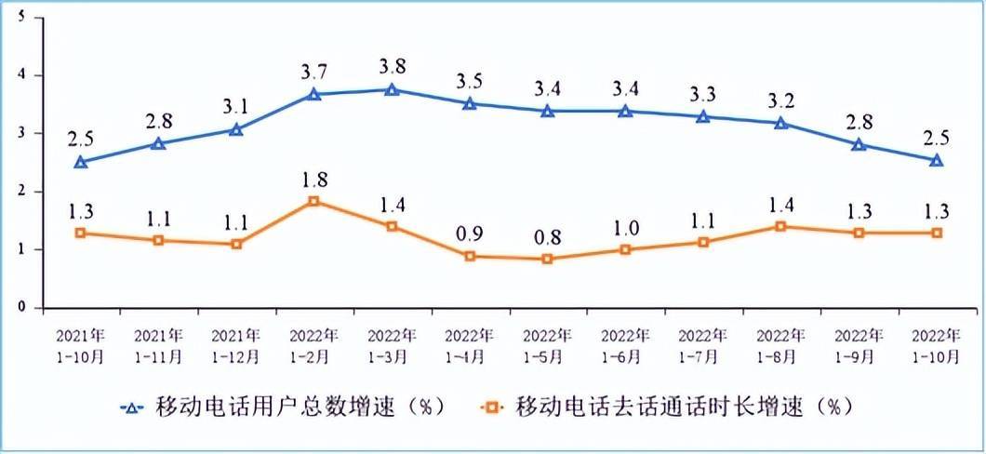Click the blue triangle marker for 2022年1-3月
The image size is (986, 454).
tap(392, 89)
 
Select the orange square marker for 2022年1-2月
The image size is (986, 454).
tap(313, 201)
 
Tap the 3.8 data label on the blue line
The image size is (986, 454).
tap(392, 67)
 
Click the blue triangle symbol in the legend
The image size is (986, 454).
tap(133, 407)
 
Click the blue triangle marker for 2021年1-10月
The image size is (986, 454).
tap(81, 162)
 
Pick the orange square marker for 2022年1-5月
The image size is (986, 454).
tap(547, 259)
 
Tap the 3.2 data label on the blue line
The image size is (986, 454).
tap(780, 100)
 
